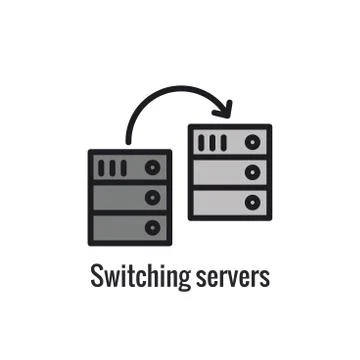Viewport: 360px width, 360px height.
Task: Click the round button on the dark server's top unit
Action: click(x=152, y=167)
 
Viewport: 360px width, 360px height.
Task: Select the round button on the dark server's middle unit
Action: click(x=152, y=197)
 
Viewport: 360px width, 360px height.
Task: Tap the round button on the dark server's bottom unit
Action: click(x=152, y=227)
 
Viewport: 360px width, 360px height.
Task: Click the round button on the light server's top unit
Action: click(x=252, y=143)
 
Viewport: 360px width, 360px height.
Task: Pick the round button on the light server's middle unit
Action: click(x=252, y=172)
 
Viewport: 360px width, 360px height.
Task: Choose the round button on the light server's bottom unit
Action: click(x=252, y=202)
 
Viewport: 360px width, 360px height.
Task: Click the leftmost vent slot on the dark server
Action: click(x=102, y=167)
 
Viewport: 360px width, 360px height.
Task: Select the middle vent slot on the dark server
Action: click(x=112, y=167)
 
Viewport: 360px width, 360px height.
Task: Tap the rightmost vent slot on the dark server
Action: click(x=123, y=167)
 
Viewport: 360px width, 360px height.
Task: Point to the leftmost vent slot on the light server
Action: click(x=202, y=143)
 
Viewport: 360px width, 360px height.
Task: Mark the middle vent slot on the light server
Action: click(x=212, y=143)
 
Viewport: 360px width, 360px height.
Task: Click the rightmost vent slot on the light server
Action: click(x=223, y=143)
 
